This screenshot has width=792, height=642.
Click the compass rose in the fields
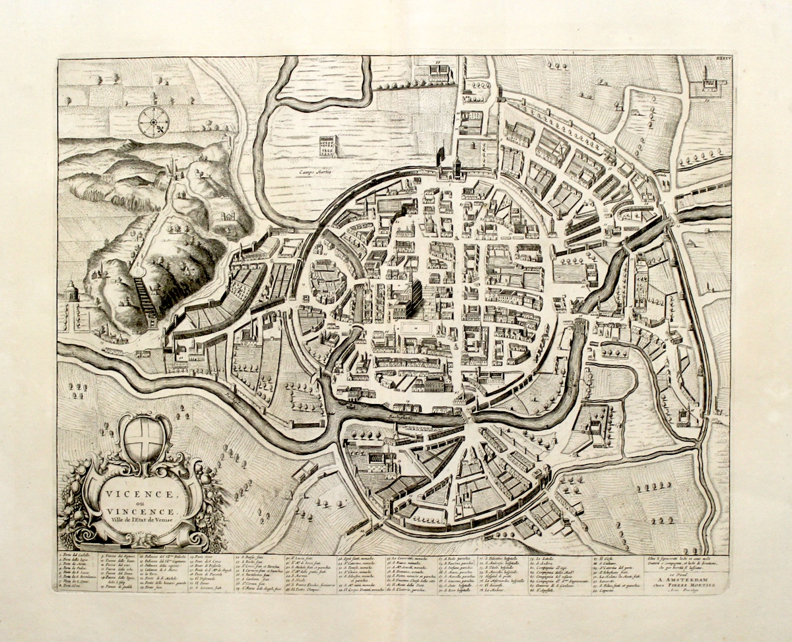pyautogui.click(x=154, y=122)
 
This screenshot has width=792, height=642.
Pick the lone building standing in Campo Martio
pyautogui.click(x=328, y=146)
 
